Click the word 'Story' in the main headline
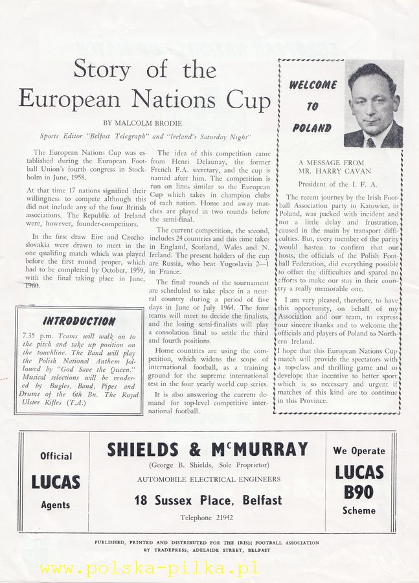101,69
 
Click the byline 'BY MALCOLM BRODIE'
143,123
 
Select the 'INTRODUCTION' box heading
79,321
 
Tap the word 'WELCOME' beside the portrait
313,85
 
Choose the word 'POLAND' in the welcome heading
311,128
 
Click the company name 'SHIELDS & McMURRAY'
207,450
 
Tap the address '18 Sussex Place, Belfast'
208,500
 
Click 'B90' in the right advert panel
359,492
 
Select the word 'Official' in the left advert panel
56,456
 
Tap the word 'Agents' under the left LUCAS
55,505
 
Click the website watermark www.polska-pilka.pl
148,568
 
